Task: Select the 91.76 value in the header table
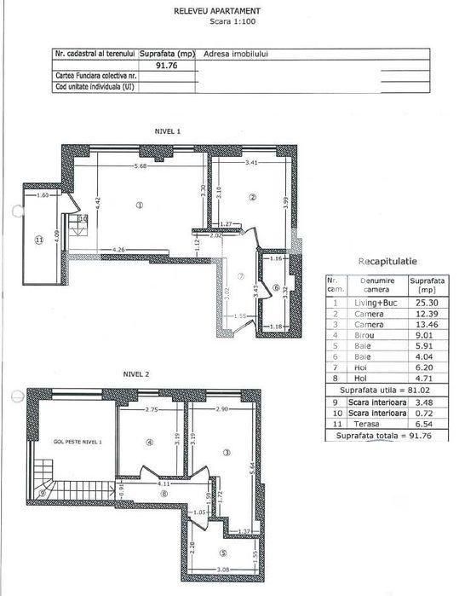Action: tap(166, 64)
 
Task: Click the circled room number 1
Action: tap(139, 205)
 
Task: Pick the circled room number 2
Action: tap(253, 198)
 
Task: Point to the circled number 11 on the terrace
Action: tap(38, 240)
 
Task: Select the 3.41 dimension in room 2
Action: tap(251, 162)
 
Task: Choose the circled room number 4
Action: tap(148, 443)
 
